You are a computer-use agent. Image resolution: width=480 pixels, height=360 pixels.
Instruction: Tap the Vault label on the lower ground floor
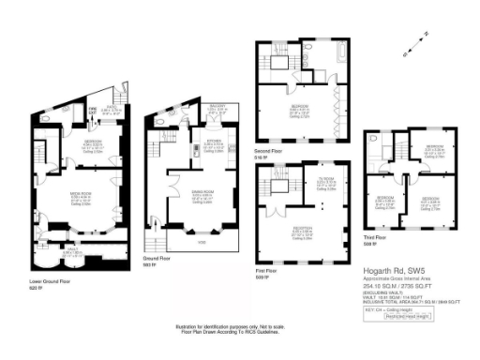coord(73,250)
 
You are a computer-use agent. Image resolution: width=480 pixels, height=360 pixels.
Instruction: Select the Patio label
coord(110,110)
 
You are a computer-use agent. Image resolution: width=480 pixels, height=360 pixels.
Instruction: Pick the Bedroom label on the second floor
coord(300,107)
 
